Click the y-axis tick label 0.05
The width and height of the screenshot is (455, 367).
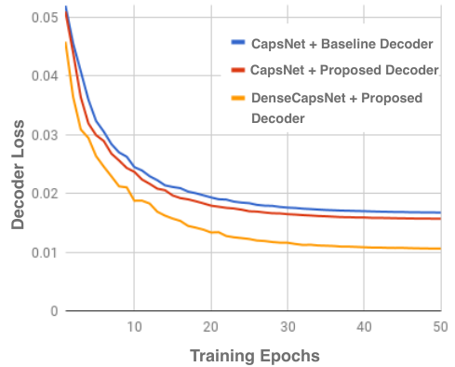45,18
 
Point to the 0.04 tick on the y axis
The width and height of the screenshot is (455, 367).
45,75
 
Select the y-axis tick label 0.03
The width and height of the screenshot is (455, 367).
45,135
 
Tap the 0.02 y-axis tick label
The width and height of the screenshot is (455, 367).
45,194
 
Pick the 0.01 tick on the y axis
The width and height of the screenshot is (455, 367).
45,252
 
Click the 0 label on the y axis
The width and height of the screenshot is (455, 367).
54,311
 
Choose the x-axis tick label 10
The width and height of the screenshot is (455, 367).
134,327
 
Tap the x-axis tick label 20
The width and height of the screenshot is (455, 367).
211,327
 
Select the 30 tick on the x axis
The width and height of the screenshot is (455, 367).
288,327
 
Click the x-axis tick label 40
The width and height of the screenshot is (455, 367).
364,327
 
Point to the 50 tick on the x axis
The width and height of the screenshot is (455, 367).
440,327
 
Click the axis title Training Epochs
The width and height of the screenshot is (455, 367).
255,356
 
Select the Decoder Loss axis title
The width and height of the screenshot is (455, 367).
18,174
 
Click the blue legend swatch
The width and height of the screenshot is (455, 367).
238,43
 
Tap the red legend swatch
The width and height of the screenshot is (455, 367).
238,70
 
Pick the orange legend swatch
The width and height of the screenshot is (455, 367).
238,98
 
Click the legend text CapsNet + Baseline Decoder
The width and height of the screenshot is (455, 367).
342,44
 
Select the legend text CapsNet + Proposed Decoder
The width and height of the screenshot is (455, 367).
344,70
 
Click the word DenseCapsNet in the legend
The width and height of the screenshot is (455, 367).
299,98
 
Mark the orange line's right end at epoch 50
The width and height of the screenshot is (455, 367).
440,249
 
